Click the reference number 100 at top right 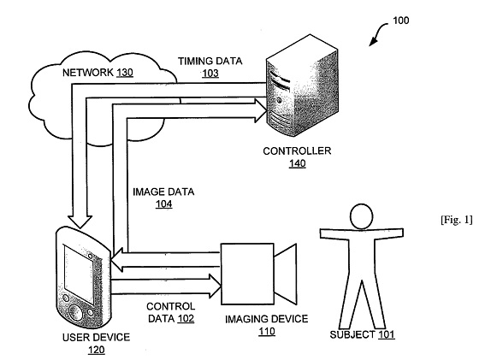point(401,21)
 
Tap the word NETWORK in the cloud point(87,73)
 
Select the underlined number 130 point(125,73)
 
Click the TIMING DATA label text point(210,61)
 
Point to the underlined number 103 point(210,74)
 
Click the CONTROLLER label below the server point(297,150)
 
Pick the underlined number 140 point(297,163)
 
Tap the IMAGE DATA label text point(163,192)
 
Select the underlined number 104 point(163,204)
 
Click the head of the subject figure point(361,216)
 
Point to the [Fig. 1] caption point(456,220)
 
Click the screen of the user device point(79,274)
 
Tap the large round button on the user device point(75,312)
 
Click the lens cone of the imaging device point(285,274)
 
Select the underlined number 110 point(267,331)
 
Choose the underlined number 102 point(186,318)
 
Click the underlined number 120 point(96,350)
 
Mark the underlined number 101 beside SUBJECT point(386,334)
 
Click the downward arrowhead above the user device point(80,221)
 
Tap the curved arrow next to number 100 point(378,32)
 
